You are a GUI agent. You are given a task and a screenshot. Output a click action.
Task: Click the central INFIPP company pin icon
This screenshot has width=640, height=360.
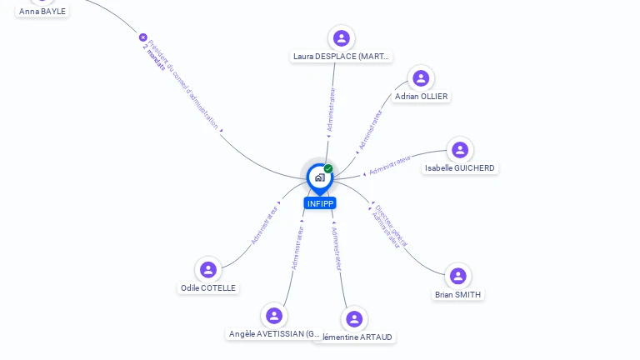[x=319, y=177]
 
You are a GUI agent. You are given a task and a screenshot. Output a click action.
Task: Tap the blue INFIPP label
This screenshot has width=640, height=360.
[x=320, y=203]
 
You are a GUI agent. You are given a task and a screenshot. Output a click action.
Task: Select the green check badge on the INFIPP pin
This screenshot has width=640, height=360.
[x=328, y=169]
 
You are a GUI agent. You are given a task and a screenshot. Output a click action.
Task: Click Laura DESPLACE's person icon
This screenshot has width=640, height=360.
[x=341, y=37]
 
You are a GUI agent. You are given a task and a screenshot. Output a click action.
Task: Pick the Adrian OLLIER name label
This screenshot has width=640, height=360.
[x=421, y=97]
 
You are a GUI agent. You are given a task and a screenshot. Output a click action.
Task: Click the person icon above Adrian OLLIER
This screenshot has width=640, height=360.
[x=421, y=78]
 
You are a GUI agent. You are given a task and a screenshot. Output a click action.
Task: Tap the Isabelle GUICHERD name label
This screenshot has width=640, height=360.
[x=459, y=168]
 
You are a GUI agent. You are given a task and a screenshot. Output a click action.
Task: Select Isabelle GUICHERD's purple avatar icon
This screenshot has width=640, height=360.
[x=460, y=150]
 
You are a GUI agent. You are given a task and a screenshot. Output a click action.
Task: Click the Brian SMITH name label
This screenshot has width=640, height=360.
[x=457, y=294]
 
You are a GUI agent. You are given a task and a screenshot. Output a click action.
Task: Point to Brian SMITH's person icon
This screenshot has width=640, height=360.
[x=457, y=276]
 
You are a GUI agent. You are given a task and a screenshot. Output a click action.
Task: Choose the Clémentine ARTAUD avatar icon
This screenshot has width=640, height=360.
[x=354, y=318]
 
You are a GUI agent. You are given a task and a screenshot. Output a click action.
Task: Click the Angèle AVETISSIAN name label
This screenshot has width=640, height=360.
[x=274, y=334]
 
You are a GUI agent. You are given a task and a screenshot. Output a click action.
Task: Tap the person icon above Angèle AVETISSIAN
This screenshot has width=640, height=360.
[x=274, y=316]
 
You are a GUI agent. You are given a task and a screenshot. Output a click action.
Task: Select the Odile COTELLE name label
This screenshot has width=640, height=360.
[x=208, y=288]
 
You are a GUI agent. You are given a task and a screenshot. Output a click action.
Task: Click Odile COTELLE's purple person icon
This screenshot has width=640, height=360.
[x=208, y=270]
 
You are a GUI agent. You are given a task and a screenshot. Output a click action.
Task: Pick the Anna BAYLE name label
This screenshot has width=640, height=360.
[x=42, y=12]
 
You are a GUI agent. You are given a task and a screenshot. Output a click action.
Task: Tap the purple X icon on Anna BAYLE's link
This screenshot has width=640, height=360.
[x=142, y=37]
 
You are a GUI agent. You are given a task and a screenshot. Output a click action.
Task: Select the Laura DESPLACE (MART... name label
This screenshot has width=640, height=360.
[x=341, y=57]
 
